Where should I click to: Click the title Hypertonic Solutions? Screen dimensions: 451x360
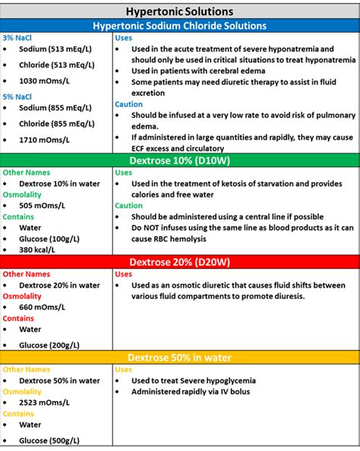179,11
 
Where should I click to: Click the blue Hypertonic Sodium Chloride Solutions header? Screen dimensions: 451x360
179,25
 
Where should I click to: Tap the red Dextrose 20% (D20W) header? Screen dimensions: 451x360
179,261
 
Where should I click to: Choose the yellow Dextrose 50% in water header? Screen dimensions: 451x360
179,357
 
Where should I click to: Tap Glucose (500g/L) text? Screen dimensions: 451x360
49,440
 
